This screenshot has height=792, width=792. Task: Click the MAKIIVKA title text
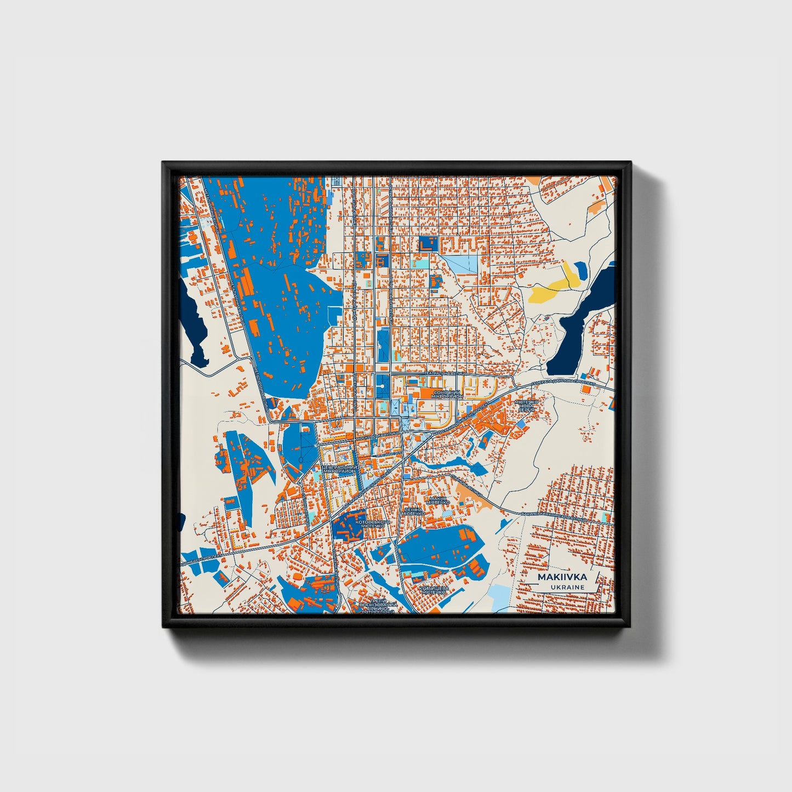(x=562, y=577)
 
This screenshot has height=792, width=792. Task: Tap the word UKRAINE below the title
(x=568, y=588)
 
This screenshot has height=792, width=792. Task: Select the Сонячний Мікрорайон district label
(x=448, y=394)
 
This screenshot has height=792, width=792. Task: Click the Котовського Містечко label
(x=372, y=525)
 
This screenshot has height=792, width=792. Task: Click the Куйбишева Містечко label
(x=434, y=590)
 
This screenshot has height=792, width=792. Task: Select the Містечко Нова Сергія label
(x=526, y=405)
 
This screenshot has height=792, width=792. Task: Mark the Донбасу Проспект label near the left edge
(x=202, y=559)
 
